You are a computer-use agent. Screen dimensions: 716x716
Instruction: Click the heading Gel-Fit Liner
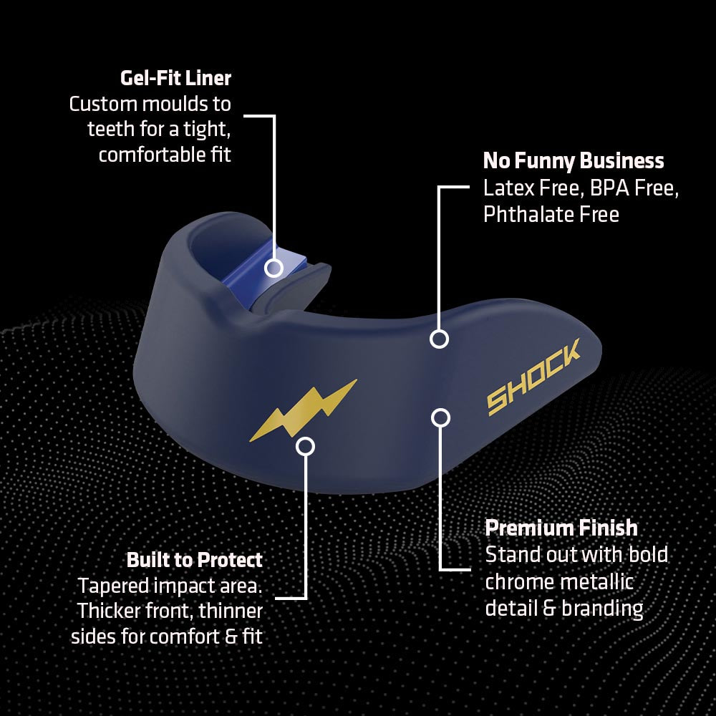tap(176, 78)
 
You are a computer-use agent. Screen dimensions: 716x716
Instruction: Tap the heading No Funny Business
tap(574, 160)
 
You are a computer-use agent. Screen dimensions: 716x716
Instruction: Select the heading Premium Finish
tap(561, 528)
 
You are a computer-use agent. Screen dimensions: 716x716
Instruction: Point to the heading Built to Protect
tap(195, 560)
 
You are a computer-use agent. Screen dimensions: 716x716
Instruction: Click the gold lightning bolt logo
tap(303, 410)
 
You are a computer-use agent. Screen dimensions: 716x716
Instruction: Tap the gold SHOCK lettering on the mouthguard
tap(533, 377)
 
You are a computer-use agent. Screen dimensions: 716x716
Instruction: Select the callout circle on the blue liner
tap(274, 268)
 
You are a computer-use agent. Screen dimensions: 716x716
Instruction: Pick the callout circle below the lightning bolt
tap(305, 446)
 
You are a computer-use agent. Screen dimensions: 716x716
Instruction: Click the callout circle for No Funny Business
tap(440, 339)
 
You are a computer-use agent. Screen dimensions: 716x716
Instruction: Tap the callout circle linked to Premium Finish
tap(440, 417)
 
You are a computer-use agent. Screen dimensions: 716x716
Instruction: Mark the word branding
tap(602, 609)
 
